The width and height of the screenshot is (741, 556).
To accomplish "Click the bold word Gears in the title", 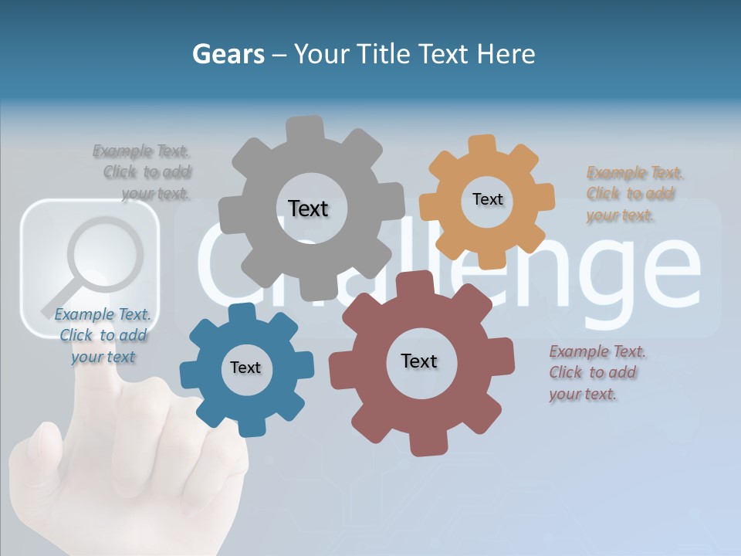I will coord(228,54).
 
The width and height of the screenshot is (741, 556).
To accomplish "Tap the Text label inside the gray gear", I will coord(308,208).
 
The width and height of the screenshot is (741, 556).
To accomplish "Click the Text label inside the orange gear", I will coord(487,199).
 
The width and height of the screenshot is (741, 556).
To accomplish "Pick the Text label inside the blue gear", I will coord(245,368).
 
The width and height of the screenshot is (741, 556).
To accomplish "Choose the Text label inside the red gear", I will coord(418,361).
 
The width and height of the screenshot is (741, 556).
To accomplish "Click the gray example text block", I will coord(147,172).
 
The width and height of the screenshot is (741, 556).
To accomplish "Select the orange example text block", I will coord(633,194).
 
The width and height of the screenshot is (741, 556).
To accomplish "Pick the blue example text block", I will coord(103,335).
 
